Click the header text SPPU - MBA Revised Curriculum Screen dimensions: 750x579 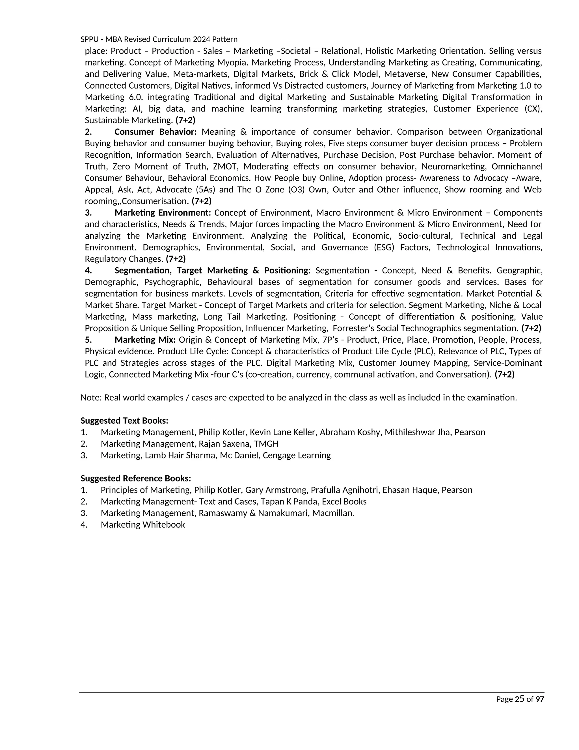click(x=159, y=39)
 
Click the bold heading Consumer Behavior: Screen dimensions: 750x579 click(x=155, y=132)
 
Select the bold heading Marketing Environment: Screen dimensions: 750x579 click(x=163, y=213)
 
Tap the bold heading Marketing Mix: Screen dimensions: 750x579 click(x=145, y=340)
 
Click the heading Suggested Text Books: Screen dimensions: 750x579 click(x=124, y=421)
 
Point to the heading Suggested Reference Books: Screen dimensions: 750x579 click(x=135, y=478)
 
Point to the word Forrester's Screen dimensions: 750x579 click(x=353, y=328)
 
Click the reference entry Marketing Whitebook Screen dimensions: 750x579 click(x=143, y=524)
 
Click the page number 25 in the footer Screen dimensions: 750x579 click(x=519, y=699)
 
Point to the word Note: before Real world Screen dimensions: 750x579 click(x=91, y=398)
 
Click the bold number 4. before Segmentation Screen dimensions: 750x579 click(x=88, y=271)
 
